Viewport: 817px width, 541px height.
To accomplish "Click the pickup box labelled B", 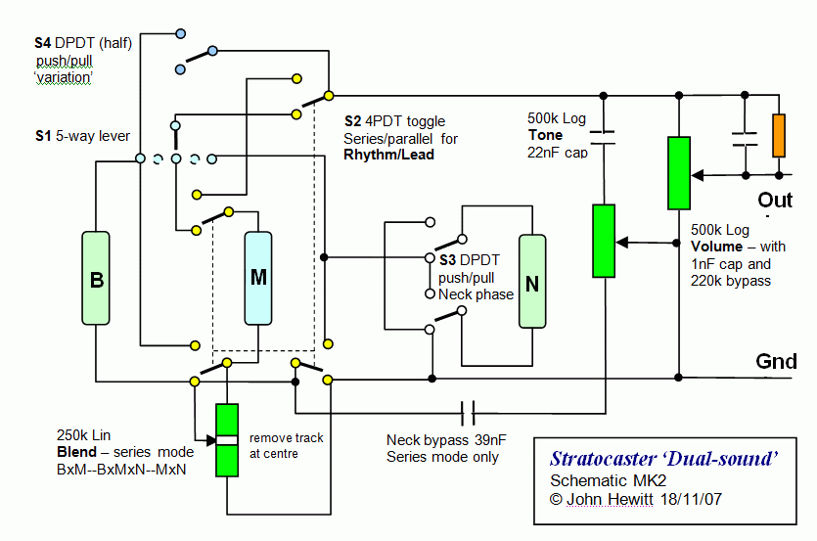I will pyautogui.click(x=96, y=278).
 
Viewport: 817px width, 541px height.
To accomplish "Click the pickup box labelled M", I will pyautogui.click(x=258, y=278).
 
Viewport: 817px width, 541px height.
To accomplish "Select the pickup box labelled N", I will pyautogui.click(x=532, y=282).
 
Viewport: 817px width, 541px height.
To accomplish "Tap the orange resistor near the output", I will pyautogui.click(x=779, y=136).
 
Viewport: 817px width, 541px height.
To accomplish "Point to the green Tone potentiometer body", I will pyautogui.click(x=604, y=241).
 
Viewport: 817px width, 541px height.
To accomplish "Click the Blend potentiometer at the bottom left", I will pyautogui.click(x=227, y=439).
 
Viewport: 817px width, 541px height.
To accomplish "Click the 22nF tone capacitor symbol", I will pyautogui.click(x=604, y=137).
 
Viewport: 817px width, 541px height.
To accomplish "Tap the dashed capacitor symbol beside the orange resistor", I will pyautogui.click(x=745, y=136).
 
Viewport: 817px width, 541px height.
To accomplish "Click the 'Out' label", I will pyautogui.click(x=775, y=201).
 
